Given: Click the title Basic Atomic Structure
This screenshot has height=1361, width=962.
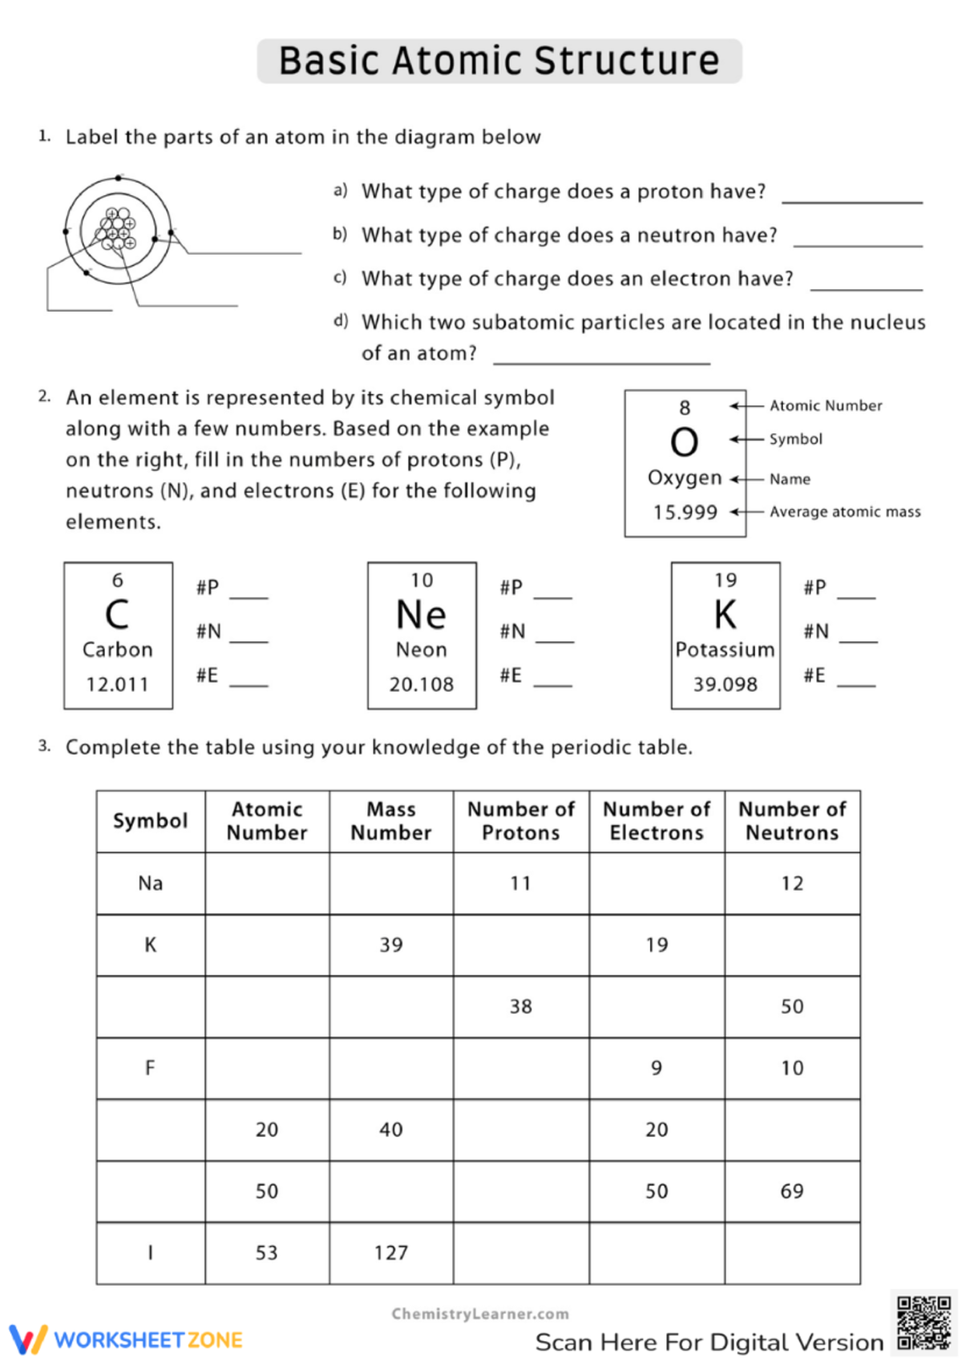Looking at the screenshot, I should point(499,61).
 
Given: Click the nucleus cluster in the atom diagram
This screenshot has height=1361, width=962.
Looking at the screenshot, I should point(118,229).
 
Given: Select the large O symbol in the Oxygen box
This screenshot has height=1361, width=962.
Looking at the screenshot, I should point(684,442).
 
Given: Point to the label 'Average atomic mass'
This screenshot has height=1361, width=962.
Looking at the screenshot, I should point(845,512).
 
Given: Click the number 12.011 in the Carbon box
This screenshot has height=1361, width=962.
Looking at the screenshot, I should point(118,685).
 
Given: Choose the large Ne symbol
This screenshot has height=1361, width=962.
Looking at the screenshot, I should point(422,615).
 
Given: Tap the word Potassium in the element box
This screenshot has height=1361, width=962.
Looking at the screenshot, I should point(725,650).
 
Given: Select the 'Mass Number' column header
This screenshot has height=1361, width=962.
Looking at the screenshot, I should point(391,821).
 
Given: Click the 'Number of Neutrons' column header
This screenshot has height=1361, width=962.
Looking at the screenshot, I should point(792,821).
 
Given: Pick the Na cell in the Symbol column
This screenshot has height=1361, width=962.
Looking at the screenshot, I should point(151,884).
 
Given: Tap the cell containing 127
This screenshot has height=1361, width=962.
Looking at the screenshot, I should point(391,1253).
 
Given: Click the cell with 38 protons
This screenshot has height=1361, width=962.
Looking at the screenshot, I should point(521,1007).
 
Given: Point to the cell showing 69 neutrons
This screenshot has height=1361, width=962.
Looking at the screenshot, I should point(792,1191).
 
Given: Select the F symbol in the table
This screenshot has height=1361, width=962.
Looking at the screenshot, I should point(150,1068).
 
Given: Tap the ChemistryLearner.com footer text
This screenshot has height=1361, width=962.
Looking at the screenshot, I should point(480,1314).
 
